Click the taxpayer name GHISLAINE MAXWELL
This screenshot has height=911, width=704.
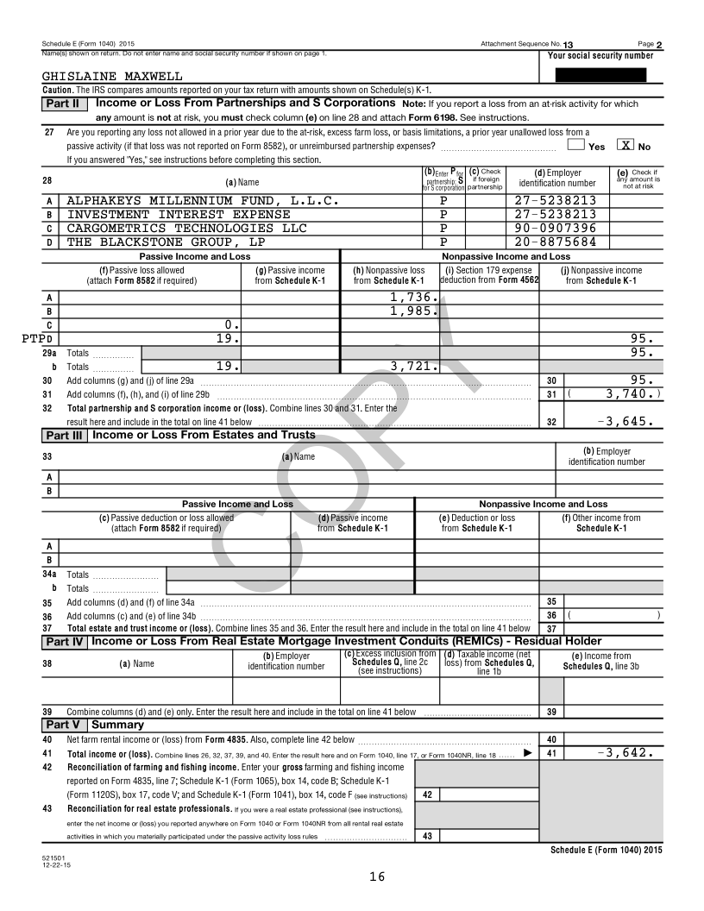click(112, 76)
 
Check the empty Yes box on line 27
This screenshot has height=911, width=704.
click(576, 146)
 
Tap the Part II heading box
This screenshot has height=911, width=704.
click(63, 104)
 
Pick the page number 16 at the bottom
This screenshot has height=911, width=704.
click(376, 876)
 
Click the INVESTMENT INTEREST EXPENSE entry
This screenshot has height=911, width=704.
click(179, 214)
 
